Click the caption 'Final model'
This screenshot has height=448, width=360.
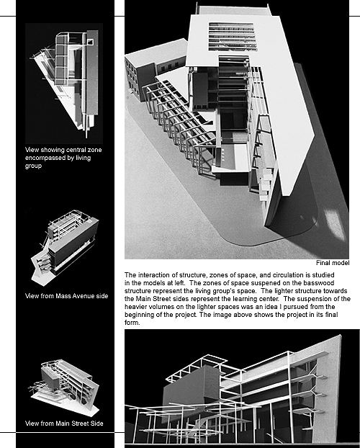click(x=333, y=263)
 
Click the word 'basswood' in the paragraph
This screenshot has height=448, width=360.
click(x=319, y=283)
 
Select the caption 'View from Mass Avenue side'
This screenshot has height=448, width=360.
click(x=66, y=296)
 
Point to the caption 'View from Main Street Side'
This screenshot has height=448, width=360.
click(x=64, y=424)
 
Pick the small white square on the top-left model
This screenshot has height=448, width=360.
click(x=90, y=42)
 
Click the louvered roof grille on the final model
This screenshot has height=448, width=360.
click(x=232, y=37)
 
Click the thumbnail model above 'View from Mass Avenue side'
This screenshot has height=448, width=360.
click(x=65, y=248)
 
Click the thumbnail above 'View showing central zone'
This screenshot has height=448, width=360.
click(x=64, y=84)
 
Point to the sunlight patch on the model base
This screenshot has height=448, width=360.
click(x=335, y=223)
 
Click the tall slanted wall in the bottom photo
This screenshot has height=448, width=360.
click(x=328, y=388)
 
